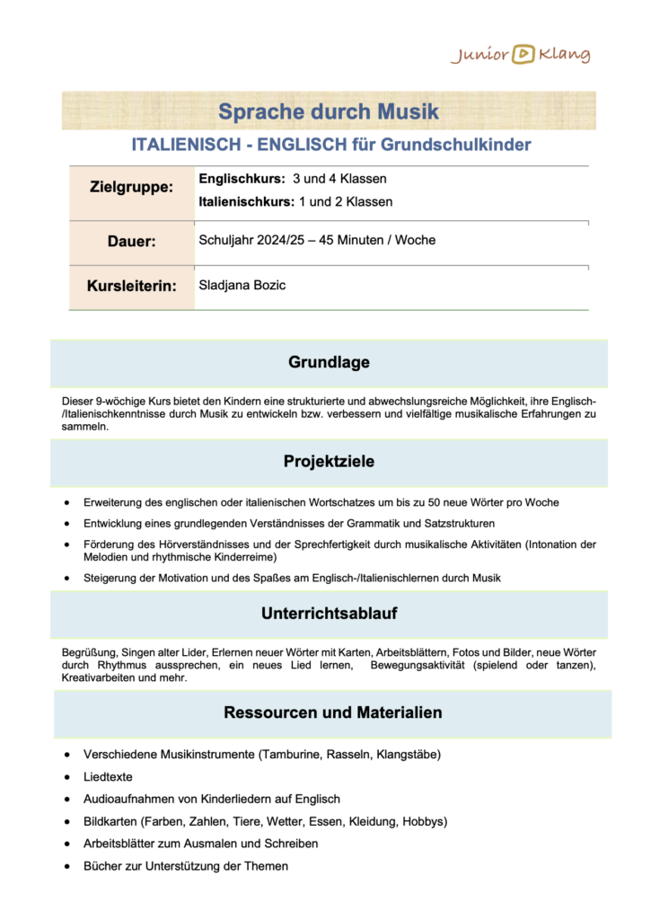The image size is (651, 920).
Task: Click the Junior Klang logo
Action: click(521, 55)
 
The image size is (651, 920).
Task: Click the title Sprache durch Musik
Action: click(329, 112)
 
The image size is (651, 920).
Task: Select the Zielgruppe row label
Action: click(131, 188)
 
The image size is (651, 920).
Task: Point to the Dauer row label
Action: click(132, 242)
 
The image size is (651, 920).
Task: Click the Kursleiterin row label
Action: click(131, 287)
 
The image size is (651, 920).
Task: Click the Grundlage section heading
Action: click(329, 362)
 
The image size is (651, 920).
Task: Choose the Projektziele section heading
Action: click(329, 462)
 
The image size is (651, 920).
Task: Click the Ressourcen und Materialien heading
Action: click(332, 712)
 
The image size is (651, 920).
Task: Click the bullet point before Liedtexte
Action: click(70, 777)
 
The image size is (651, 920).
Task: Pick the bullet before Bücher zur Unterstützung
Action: click(70, 866)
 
